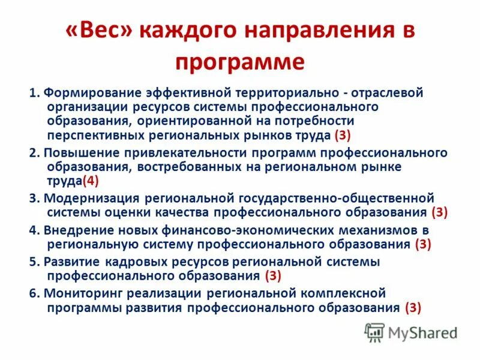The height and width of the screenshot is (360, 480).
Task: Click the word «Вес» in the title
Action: pyautogui.click(x=98, y=32)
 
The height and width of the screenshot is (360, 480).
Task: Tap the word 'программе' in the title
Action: pyautogui.click(x=240, y=62)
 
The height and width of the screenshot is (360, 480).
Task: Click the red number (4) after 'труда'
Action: pyautogui.click(x=90, y=180)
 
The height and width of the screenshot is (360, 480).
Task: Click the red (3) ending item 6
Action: pyautogui.click(x=413, y=307)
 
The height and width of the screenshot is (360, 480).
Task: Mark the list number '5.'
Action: pyautogui.click(x=34, y=261)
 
